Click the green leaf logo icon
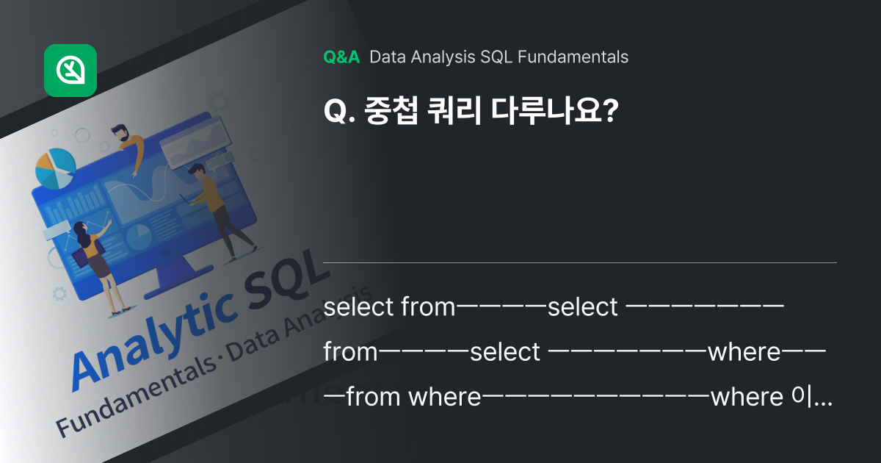[70, 71]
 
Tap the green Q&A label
[341, 57]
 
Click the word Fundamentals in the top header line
[573, 57]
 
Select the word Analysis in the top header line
[447, 57]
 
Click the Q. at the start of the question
[337, 112]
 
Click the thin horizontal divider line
[580, 262]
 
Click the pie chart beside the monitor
[55, 168]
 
